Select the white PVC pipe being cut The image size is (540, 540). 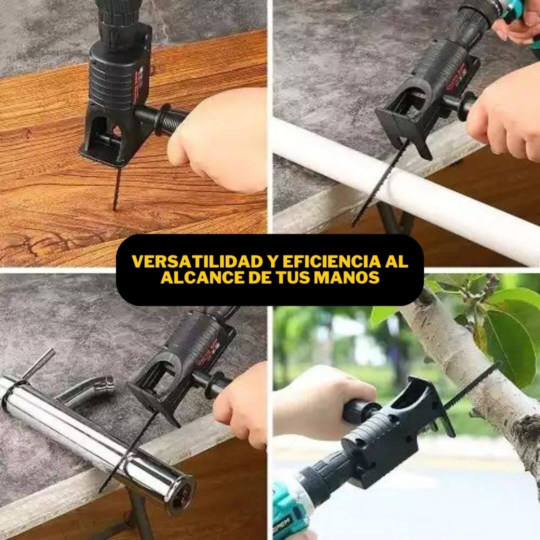point(406,189)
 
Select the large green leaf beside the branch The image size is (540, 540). point(509,348)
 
